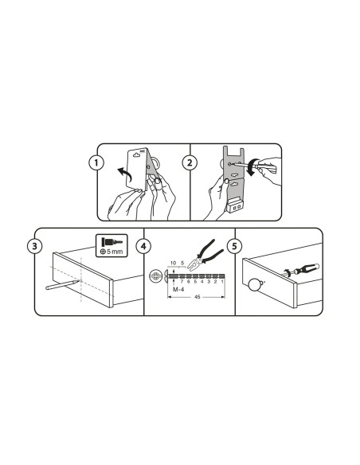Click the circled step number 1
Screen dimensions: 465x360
97,163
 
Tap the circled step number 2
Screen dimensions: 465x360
190,163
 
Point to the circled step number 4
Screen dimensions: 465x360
143,245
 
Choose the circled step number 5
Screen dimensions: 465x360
234,245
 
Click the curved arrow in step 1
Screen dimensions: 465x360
121,174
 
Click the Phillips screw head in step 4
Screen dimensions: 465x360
157,275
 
